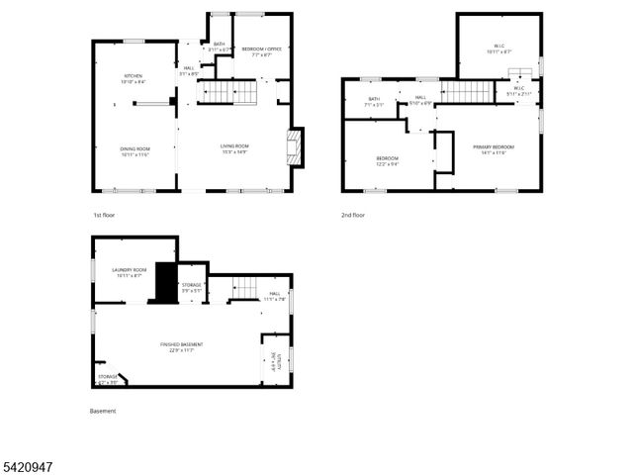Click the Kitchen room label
point(134,79)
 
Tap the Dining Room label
point(134,150)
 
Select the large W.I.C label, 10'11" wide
point(499,49)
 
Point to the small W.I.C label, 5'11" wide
point(519,92)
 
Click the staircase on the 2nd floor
point(466,92)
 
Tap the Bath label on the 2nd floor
point(374,101)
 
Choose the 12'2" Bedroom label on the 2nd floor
point(387,161)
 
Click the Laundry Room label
point(129,273)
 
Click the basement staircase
point(245,288)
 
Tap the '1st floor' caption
point(103,214)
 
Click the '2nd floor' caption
point(352,214)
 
